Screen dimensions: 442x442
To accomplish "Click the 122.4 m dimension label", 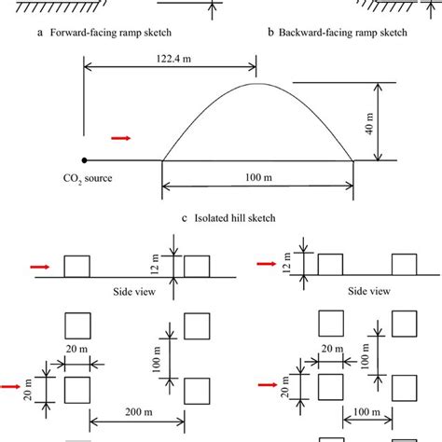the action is pyautogui.click(x=173, y=59).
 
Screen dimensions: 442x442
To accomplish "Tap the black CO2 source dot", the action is pyautogui.click(x=84, y=160).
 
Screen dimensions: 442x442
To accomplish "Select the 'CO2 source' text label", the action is pyautogui.click(x=88, y=179).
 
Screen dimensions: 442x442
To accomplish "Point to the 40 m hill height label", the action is pyautogui.click(x=369, y=123).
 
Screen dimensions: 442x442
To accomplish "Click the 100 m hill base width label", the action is pyautogui.click(x=258, y=177).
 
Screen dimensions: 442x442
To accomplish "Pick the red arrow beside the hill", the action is pyautogui.click(x=121, y=138).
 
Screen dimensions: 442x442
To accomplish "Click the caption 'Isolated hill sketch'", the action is pyautogui.click(x=235, y=218).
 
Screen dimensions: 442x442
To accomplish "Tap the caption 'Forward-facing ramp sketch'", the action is pyautogui.click(x=111, y=33).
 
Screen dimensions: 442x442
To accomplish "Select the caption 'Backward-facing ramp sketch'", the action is pyautogui.click(x=343, y=33).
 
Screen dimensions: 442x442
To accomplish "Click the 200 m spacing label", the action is pyautogui.click(x=139, y=412).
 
